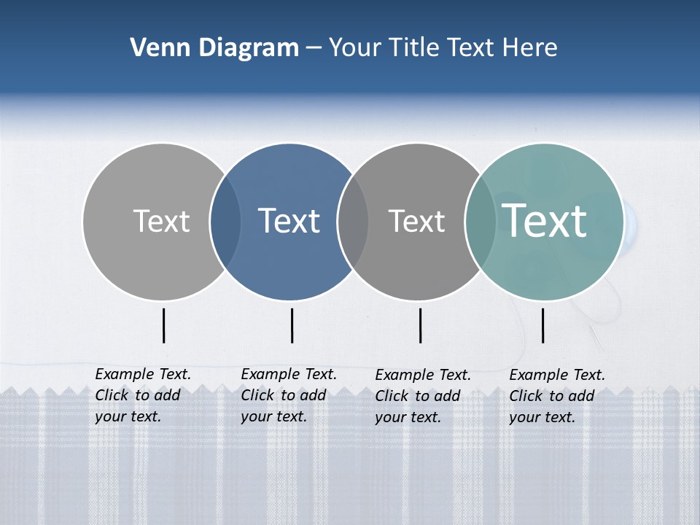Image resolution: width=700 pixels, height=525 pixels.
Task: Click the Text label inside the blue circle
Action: click(x=289, y=221)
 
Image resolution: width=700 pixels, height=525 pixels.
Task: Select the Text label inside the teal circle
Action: click(x=545, y=220)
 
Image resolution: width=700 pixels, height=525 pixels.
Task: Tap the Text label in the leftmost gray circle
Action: click(x=161, y=221)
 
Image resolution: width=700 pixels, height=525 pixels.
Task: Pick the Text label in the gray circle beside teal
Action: click(x=416, y=221)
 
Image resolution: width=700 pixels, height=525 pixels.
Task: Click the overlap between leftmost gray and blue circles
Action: click(x=225, y=221)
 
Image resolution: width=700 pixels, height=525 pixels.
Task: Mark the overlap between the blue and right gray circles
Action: click(x=353, y=221)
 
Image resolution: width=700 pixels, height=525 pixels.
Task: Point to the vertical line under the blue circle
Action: click(x=292, y=325)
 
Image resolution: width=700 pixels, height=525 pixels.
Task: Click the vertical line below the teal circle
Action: click(x=542, y=325)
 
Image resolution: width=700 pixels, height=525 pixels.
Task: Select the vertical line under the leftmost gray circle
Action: click(x=164, y=325)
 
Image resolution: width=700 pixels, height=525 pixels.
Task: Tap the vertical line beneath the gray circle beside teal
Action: click(x=421, y=325)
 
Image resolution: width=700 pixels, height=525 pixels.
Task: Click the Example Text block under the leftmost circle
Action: click(x=143, y=395)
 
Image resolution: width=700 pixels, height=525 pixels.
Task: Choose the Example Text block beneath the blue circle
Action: click(x=289, y=395)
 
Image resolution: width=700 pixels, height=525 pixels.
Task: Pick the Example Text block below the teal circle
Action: click(x=557, y=396)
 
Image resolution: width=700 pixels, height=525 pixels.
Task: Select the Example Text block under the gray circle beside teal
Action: click(x=423, y=396)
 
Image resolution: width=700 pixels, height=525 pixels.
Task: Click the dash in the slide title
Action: click(x=314, y=49)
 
